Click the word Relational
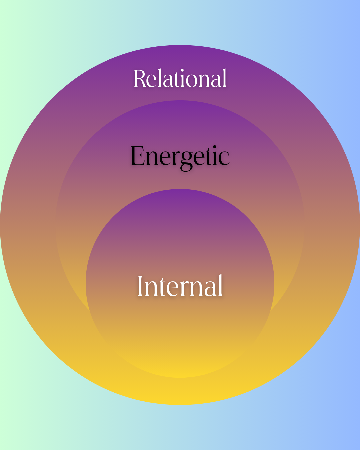[180, 79]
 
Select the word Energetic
[180, 156]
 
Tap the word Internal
[180, 286]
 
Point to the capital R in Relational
[140, 79]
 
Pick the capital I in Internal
[141, 286]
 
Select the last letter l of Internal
[220, 285]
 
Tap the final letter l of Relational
[225, 78]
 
